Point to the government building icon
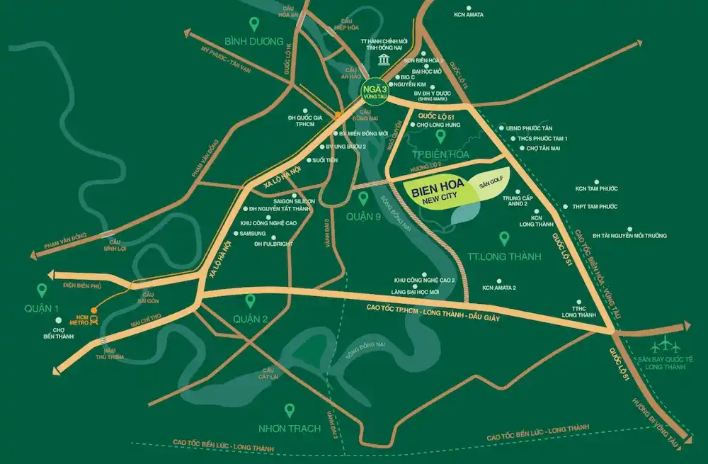(x=383, y=59)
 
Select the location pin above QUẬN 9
(x=363, y=198)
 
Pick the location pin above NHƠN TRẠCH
(x=289, y=410)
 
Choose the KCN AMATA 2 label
(x=499, y=288)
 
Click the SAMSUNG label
(x=253, y=234)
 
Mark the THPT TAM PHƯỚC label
(x=594, y=207)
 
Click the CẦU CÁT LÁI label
(x=268, y=375)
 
